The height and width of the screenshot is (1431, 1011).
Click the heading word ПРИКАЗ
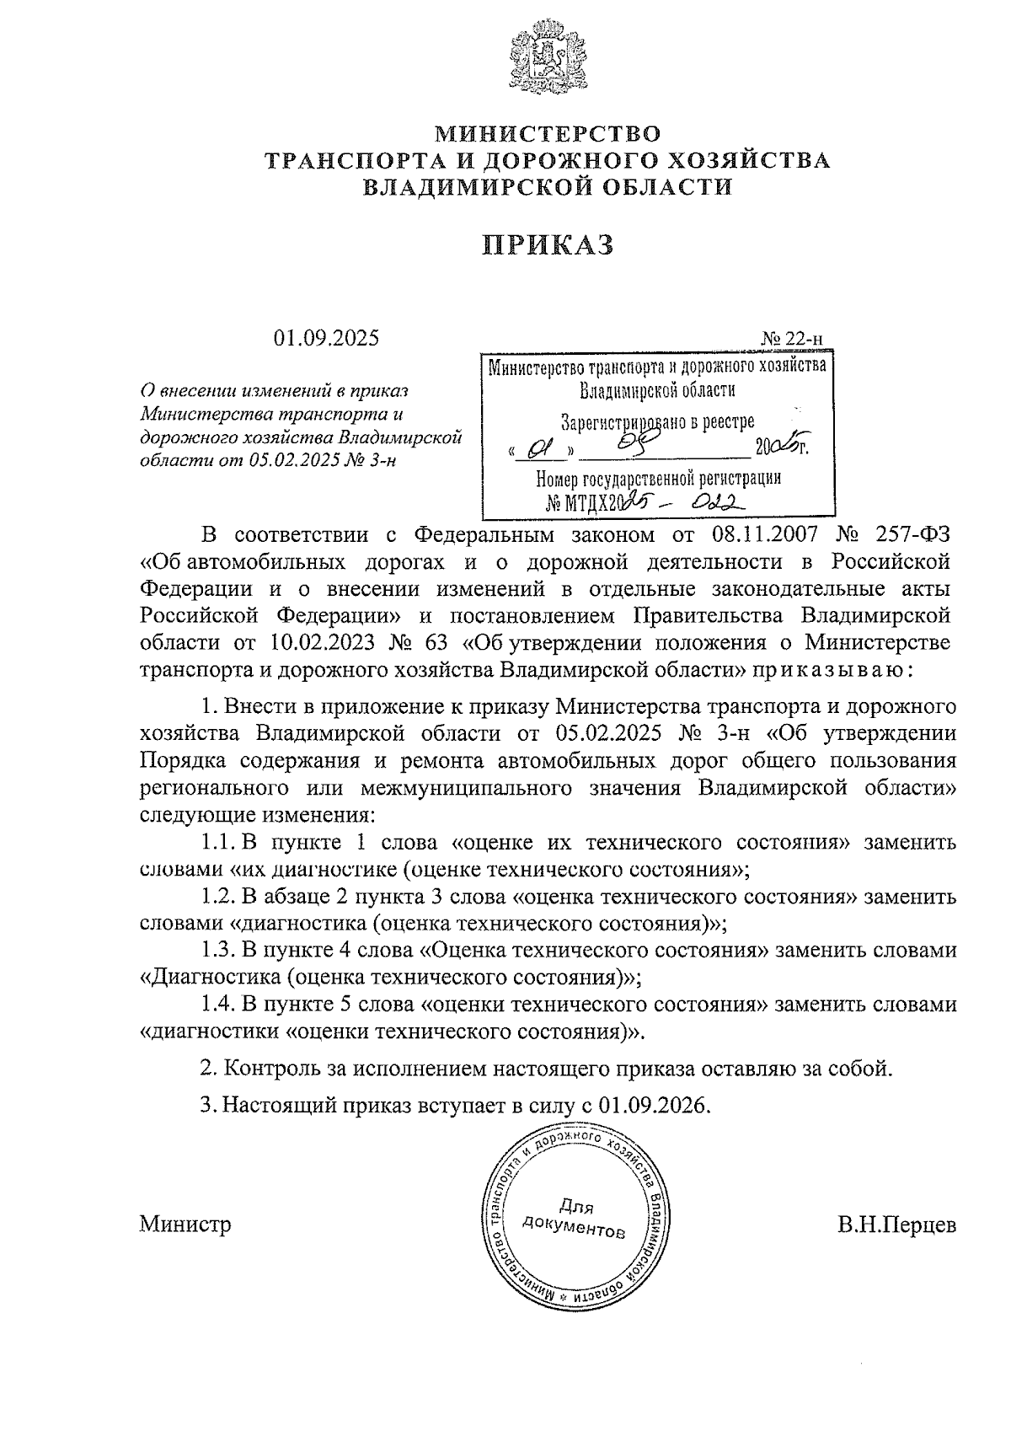pos(548,244)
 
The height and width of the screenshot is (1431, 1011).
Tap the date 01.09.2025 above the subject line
pos(326,338)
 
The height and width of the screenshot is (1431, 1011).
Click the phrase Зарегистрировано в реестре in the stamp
pos(658,422)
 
